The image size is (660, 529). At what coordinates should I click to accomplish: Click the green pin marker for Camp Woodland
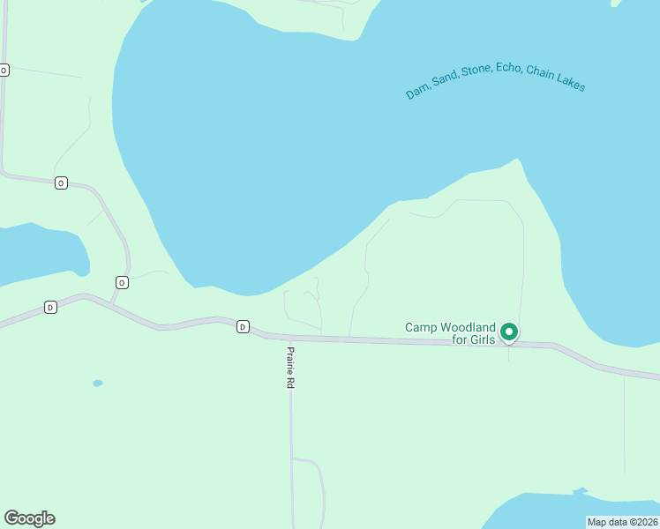pos(508,332)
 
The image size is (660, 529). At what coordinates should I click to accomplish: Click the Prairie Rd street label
pos(289,368)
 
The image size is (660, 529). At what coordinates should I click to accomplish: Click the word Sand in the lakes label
pos(446,80)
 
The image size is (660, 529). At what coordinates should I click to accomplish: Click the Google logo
pos(29,518)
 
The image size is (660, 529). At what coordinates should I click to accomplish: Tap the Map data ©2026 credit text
pos(623,521)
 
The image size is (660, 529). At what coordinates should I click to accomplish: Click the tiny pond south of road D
pos(97,384)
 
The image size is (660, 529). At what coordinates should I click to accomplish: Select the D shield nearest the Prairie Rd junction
pos(243,327)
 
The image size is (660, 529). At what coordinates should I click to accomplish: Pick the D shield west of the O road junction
pos(50,307)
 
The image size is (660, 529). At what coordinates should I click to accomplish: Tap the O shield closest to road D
pos(122,282)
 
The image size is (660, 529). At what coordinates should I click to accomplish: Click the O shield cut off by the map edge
pos(4,70)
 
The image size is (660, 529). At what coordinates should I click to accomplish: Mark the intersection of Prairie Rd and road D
pos(289,337)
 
